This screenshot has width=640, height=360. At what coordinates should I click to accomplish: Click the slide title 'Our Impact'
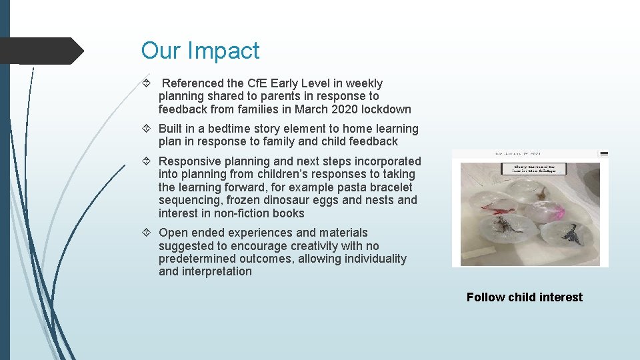point(200,51)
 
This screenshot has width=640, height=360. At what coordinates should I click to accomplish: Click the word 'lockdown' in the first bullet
point(386,109)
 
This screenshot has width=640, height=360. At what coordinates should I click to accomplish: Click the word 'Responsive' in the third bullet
point(189,161)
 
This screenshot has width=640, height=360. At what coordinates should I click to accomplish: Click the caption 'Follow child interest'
point(524,297)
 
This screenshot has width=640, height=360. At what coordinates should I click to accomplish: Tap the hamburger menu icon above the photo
point(604,153)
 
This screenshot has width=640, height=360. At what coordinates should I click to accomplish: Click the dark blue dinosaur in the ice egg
point(571,233)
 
